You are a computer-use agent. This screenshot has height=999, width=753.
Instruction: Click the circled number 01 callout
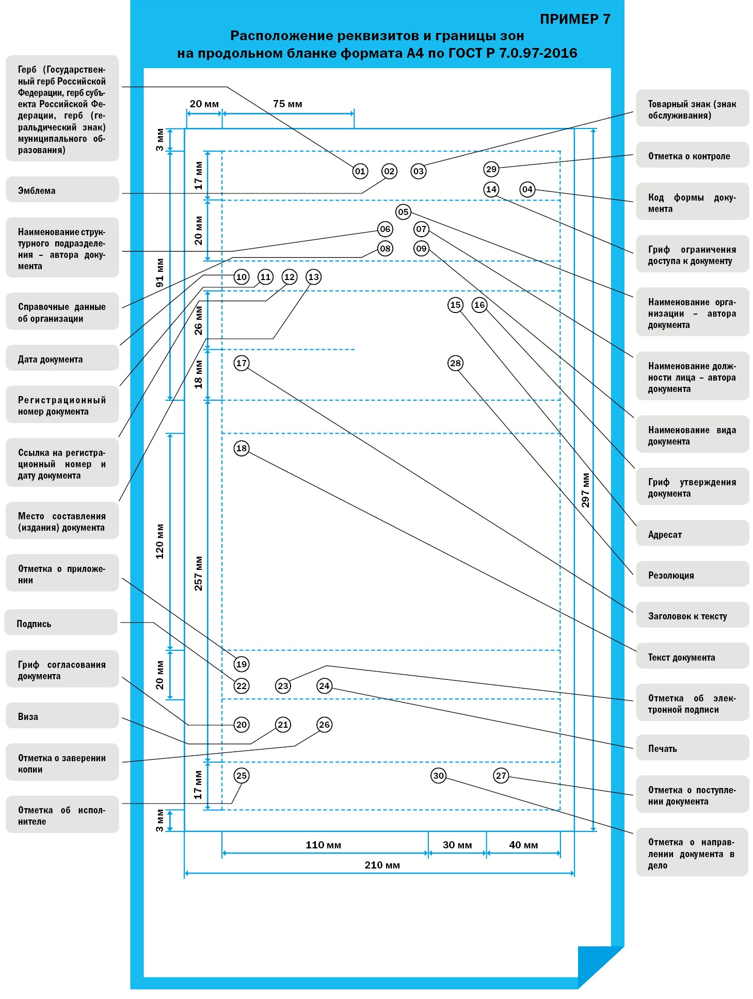point(360,171)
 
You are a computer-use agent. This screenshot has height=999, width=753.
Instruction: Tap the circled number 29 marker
point(491,169)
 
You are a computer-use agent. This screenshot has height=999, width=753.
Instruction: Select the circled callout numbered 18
point(241,448)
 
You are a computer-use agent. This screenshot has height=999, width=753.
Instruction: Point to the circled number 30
point(438,776)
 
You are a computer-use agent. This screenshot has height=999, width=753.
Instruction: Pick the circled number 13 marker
point(313,277)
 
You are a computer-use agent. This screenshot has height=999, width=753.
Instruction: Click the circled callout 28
point(455,363)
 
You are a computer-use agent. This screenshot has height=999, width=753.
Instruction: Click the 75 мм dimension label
point(287,104)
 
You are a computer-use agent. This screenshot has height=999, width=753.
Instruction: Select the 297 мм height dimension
point(585,490)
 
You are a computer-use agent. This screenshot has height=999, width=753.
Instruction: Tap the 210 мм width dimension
point(382,865)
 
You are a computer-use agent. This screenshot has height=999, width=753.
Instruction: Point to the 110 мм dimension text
point(323,845)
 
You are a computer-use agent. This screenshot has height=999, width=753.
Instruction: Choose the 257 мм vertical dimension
point(198,573)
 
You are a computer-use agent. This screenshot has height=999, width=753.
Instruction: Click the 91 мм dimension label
point(160,273)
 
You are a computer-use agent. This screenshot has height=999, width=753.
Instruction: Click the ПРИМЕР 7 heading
point(575,19)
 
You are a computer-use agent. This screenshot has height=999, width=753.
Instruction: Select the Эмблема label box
point(62,190)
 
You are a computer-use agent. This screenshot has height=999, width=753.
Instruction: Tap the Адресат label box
point(692,534)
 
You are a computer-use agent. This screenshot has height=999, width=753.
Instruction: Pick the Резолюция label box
point(692,575)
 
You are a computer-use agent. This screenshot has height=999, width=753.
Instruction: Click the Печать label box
point(692,748)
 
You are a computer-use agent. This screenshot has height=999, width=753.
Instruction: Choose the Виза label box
point(62,716)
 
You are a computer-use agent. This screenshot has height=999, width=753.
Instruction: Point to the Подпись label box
point(61,623)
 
